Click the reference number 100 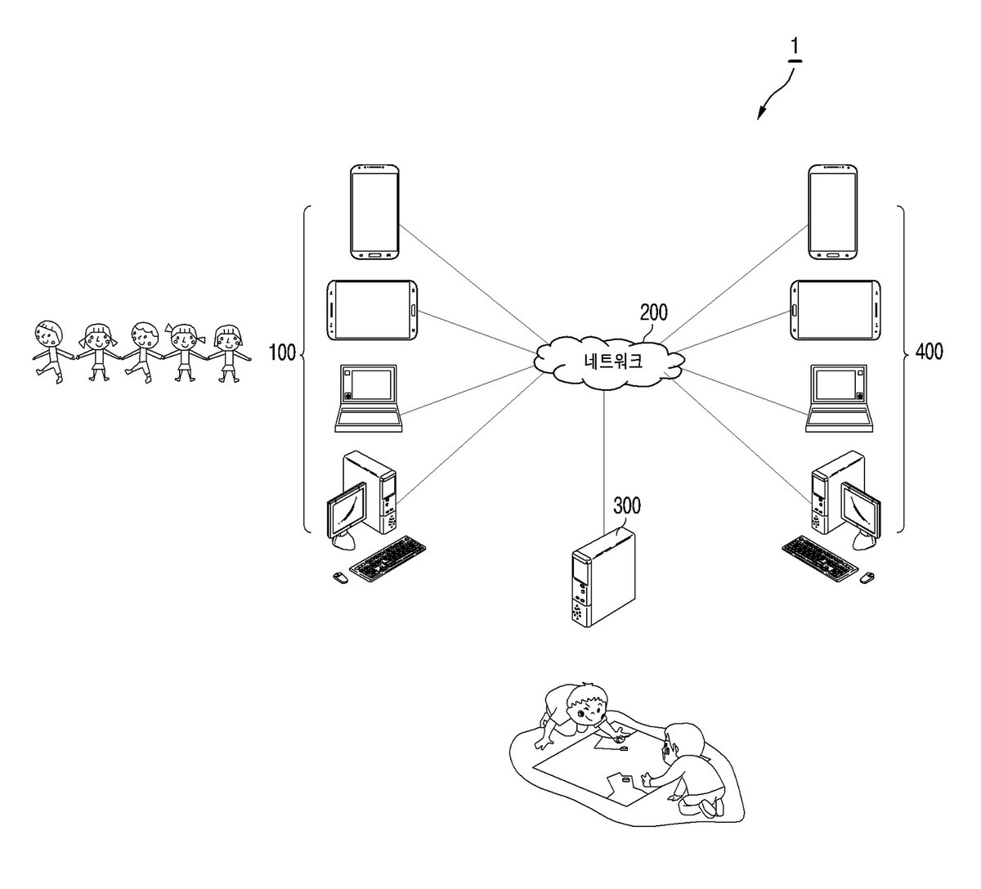tap(283, 352)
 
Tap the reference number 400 tap(929, 352)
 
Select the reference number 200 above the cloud tap(654, 312)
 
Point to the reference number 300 tap(627, 505)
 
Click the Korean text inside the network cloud tap(613, 361)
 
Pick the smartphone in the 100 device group tap(375, 212)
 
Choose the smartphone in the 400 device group tap(832, 212)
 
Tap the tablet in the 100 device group tap(372, 310)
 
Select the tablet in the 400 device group tap(835, 310)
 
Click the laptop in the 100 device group tap(369, 397)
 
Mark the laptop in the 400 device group tap(840, 397)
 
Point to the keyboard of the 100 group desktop tap(387, 559)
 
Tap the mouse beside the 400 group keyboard tap(867, 577)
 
